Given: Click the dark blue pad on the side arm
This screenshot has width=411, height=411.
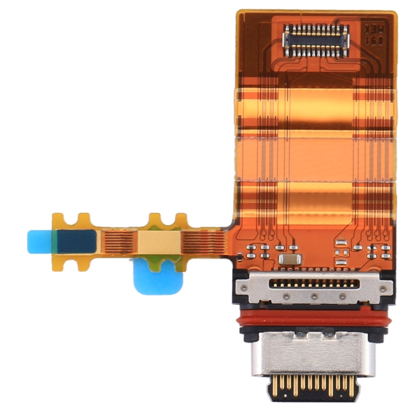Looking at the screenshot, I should [x=77, y=241].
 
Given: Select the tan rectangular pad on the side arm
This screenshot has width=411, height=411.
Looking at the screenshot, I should [x=159, y=241].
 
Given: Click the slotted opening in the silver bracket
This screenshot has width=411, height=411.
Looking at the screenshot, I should [x=314, y=283].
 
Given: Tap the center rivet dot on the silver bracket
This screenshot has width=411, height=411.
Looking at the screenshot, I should [x=314, y=296].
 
